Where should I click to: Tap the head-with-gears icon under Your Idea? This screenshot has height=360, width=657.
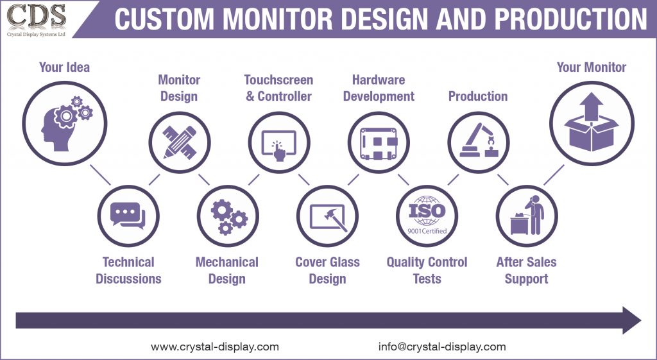point(64,122)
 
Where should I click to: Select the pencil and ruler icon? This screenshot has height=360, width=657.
point(178,142)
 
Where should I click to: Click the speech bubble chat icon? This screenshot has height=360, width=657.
point(128,216)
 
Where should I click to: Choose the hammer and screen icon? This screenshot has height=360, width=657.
point(328,216)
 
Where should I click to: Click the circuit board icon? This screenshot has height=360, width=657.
point(379,142)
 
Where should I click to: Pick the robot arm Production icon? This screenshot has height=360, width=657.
point(478,142)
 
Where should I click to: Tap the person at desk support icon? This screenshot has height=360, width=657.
point(527,216)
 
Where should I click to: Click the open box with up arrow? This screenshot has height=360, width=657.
point(592,122)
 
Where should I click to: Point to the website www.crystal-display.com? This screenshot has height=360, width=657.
point(215,347)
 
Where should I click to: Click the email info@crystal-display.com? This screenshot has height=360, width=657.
point(442,347)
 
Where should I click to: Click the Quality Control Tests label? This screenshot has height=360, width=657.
point(427,270)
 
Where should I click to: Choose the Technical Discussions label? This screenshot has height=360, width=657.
point(128,270)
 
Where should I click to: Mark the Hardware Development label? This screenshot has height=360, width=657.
point(379,88)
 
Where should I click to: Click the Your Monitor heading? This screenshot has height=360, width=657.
point(592,67)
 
